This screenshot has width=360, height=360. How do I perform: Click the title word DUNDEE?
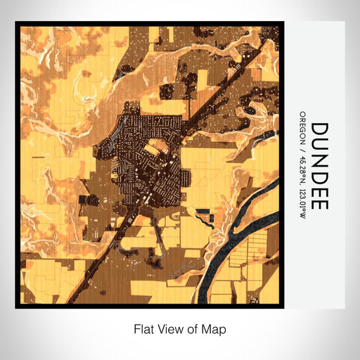tap(319, 167)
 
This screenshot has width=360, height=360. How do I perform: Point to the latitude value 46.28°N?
tap(303, 164)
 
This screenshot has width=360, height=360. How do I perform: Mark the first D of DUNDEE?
tap(319, 131)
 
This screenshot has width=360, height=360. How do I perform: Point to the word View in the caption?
tap(170, 328)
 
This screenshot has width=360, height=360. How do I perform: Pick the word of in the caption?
tap(193, 328)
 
